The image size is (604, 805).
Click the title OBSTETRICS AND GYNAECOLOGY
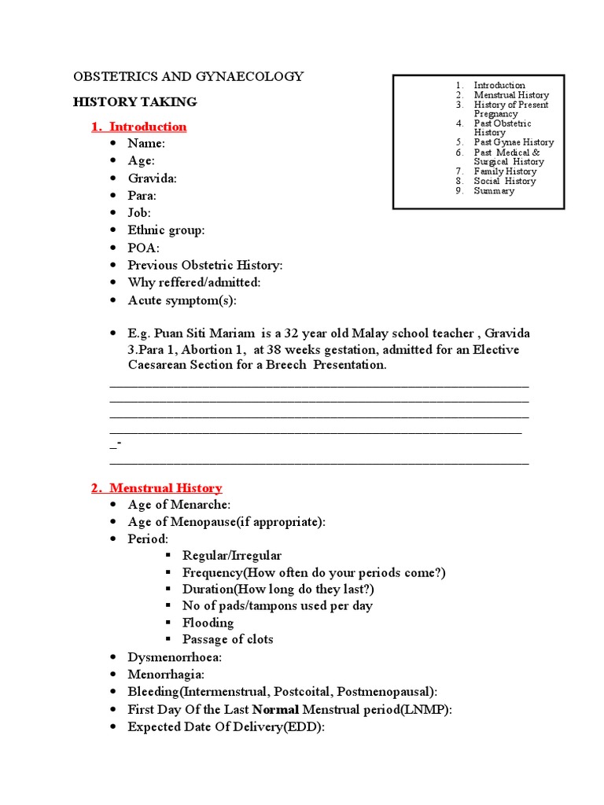188,77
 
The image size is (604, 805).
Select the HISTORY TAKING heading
135,102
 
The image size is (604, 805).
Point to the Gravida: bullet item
152,178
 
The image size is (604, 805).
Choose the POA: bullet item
143,248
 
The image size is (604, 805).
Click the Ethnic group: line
166,230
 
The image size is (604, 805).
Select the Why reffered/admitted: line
193,282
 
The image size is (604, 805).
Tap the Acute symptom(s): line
182,300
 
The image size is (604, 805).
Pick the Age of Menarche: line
179,505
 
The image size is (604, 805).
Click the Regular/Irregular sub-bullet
231,556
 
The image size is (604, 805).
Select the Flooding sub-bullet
208,623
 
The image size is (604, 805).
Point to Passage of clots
227,639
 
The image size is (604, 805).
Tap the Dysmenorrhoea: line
175,657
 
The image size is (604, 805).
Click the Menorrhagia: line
166,675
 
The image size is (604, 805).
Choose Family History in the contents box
505,171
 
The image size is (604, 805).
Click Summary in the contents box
494,191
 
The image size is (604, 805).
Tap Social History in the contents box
504,181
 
